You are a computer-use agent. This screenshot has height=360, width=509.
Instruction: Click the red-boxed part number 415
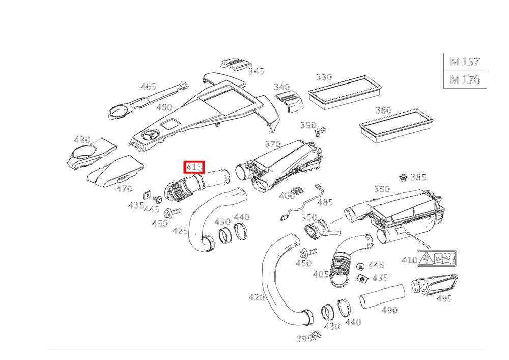point(194,167)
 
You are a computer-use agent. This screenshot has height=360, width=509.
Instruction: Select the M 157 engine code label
point(465,62)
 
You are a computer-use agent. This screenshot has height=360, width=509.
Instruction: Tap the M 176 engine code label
point(465,79)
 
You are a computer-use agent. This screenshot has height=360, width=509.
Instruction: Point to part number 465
point(148,87)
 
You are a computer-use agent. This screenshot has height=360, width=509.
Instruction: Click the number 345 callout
point(256,71)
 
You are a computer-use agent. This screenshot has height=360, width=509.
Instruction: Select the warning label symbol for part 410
point(437,258)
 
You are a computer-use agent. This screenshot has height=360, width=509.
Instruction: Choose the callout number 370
point(273,144)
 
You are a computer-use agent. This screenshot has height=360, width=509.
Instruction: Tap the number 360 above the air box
point(382,189)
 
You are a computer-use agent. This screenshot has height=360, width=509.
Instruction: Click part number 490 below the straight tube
point(389,310)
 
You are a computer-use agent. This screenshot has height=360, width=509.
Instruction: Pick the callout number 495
point(444,298)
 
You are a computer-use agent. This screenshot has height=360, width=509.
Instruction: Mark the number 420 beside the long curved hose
point(257,297)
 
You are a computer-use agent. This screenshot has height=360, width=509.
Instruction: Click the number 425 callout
point(180,231)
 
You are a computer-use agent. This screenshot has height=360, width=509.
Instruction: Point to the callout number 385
point(418,177)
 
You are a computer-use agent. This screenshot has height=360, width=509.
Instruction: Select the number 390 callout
point(308,125)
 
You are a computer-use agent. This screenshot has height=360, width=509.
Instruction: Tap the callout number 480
point(82,140)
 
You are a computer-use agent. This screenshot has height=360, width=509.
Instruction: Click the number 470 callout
point(124,188)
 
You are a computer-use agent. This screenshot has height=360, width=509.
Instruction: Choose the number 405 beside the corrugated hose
point(321,274)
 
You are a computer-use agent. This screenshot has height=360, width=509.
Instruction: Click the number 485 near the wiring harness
point(325,202)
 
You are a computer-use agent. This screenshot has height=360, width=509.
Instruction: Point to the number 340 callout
point(281,87)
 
